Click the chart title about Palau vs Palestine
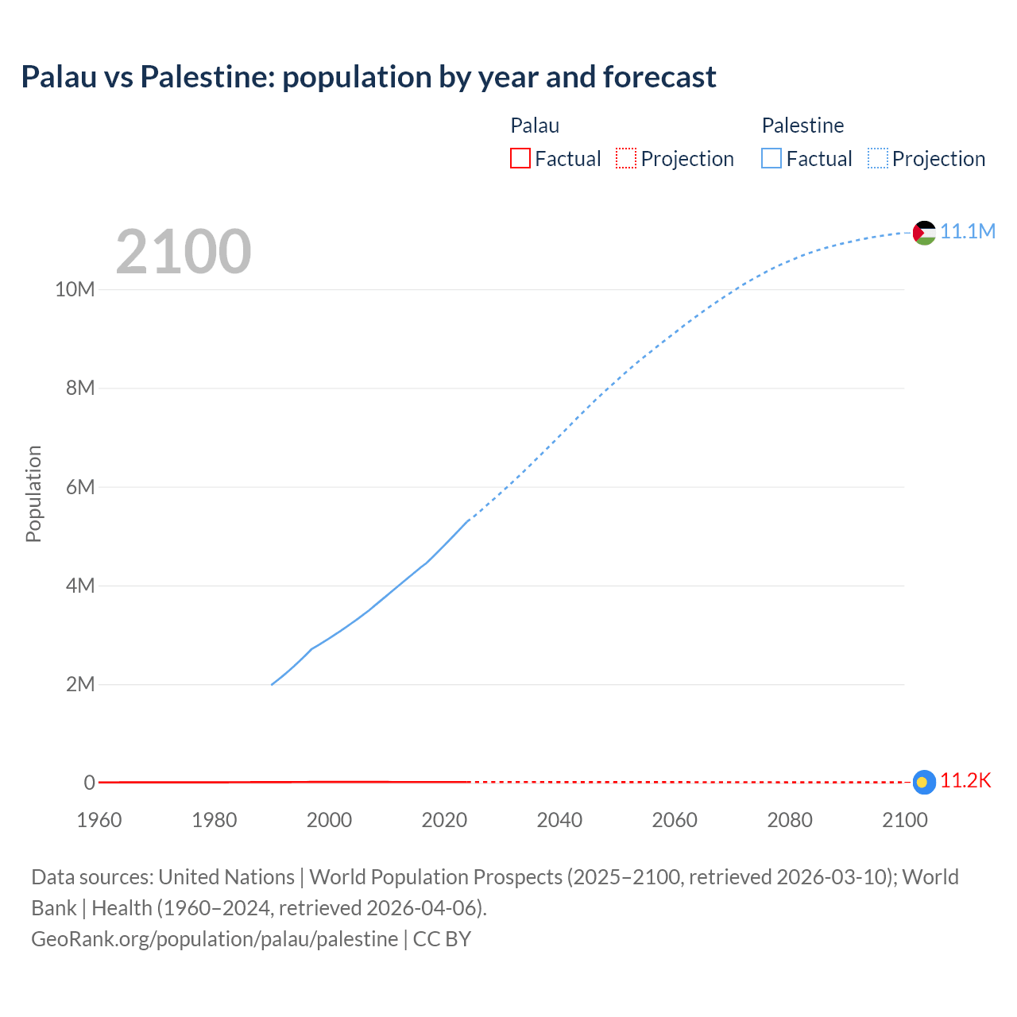click(369, 77)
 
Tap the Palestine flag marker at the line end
click(924, 232)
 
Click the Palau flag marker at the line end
click(924, 782)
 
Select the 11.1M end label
click(968, 231)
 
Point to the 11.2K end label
click(965, 781)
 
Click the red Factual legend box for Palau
click(520, 158)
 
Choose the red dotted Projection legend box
click(626, 158)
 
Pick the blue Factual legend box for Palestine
click(771, 158)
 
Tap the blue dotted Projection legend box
click(878, 158)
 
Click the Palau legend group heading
click(535, 126)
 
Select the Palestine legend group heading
click(802, 126)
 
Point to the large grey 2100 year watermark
click(184, 252)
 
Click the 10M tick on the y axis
click(75, 289)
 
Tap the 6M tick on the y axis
click(80, 487)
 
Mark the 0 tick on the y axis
click(89, 783)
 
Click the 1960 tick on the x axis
click(99, 820)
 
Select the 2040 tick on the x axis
click(559, 820)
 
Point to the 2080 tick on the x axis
click(790, 820)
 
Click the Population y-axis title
click(33, 493)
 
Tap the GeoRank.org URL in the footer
click(215, 939)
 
